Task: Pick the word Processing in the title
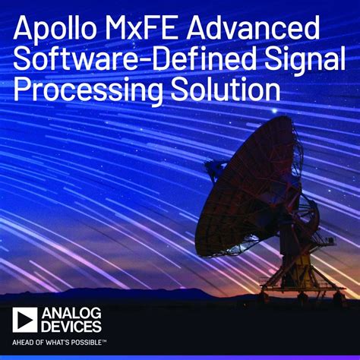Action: click(83, 92)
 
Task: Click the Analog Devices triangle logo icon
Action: click(24, 319)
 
